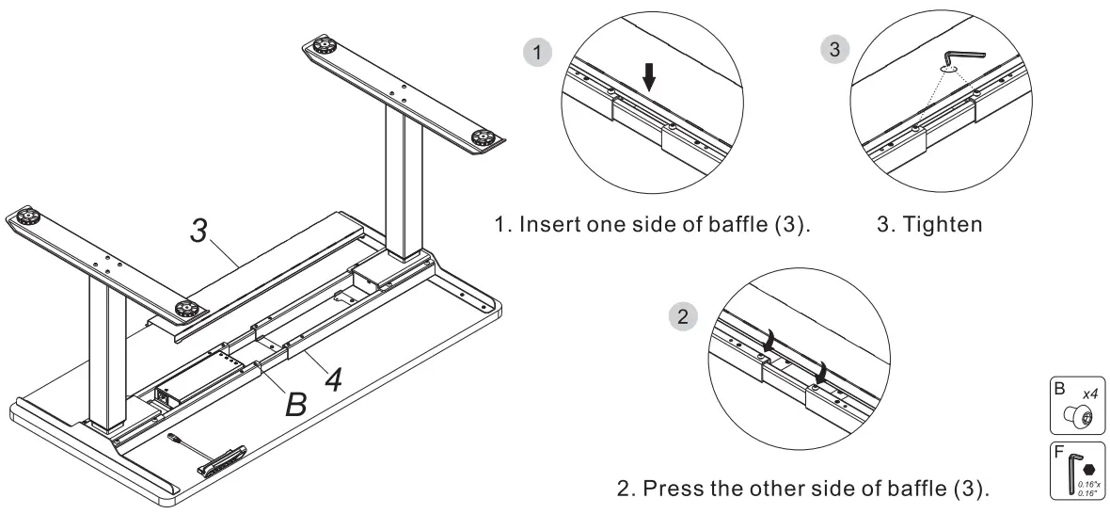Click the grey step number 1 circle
[537, 54]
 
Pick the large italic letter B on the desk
[296, 404]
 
